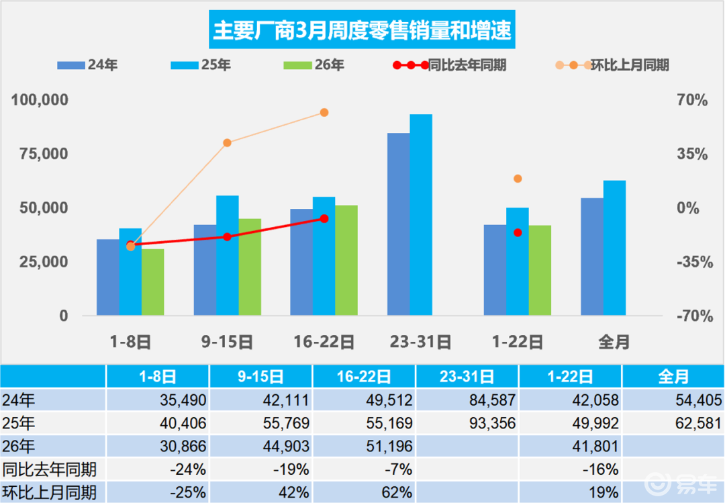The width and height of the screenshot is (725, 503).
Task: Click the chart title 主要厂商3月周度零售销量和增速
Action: [362, 30]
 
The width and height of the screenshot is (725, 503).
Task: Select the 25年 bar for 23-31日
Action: [421, 215]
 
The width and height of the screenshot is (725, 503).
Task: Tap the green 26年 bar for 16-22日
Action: [346, 261]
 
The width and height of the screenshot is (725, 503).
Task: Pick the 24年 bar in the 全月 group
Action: [592, 257]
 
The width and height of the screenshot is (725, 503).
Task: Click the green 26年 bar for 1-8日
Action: [153, 282]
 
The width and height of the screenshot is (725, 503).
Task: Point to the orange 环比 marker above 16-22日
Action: [324, 112]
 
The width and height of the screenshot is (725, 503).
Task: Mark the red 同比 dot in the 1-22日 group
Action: [518, 232]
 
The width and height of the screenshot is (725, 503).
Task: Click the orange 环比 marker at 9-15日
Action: [227, 142]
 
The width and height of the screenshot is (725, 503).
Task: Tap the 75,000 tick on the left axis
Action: [40, 154]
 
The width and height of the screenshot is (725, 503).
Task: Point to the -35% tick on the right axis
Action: [691, 262]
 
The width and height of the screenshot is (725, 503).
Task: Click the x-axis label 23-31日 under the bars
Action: [421, 342]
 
